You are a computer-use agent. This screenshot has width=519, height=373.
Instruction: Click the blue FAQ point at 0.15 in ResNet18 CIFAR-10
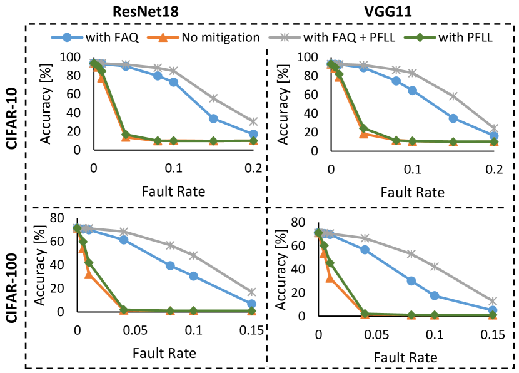pyautogui.click(x=213, y=118)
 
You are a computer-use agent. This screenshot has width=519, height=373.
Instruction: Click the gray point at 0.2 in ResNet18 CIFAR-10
pyautogui.click(x=253, y=121)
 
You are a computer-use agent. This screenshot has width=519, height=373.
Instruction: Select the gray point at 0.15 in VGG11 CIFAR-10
pyautogui.click(x=453, y=96)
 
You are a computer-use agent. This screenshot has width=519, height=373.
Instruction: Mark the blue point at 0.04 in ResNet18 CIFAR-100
pyautogui.click(x=124, y=240)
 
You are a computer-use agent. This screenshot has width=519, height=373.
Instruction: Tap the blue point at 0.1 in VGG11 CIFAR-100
pyautogui.click(x=435, y=295)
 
